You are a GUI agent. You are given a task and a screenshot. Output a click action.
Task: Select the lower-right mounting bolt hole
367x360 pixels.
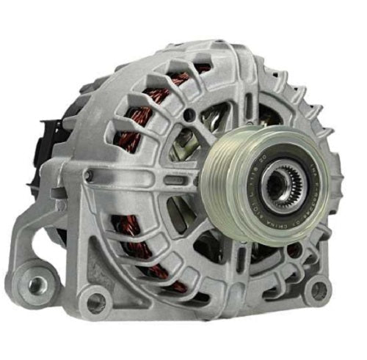[317, 288]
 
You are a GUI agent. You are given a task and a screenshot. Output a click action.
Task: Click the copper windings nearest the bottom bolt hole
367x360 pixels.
[139, 249]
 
